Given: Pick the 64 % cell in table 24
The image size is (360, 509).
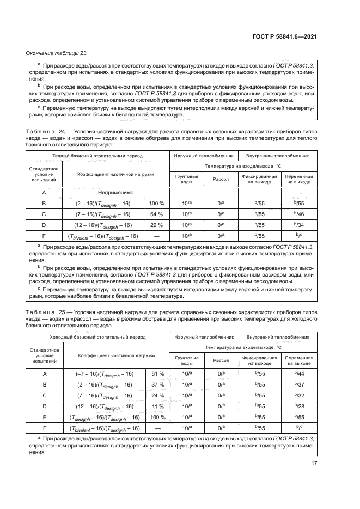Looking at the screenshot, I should tap(157, 214).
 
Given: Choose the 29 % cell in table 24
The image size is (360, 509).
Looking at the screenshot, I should tap(157, 225).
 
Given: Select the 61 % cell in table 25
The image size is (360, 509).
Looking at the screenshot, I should tap(157, 373).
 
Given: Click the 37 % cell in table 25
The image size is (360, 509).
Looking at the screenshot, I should tap(157, 384).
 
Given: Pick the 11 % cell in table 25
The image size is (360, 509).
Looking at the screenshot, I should tap(157, 407).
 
